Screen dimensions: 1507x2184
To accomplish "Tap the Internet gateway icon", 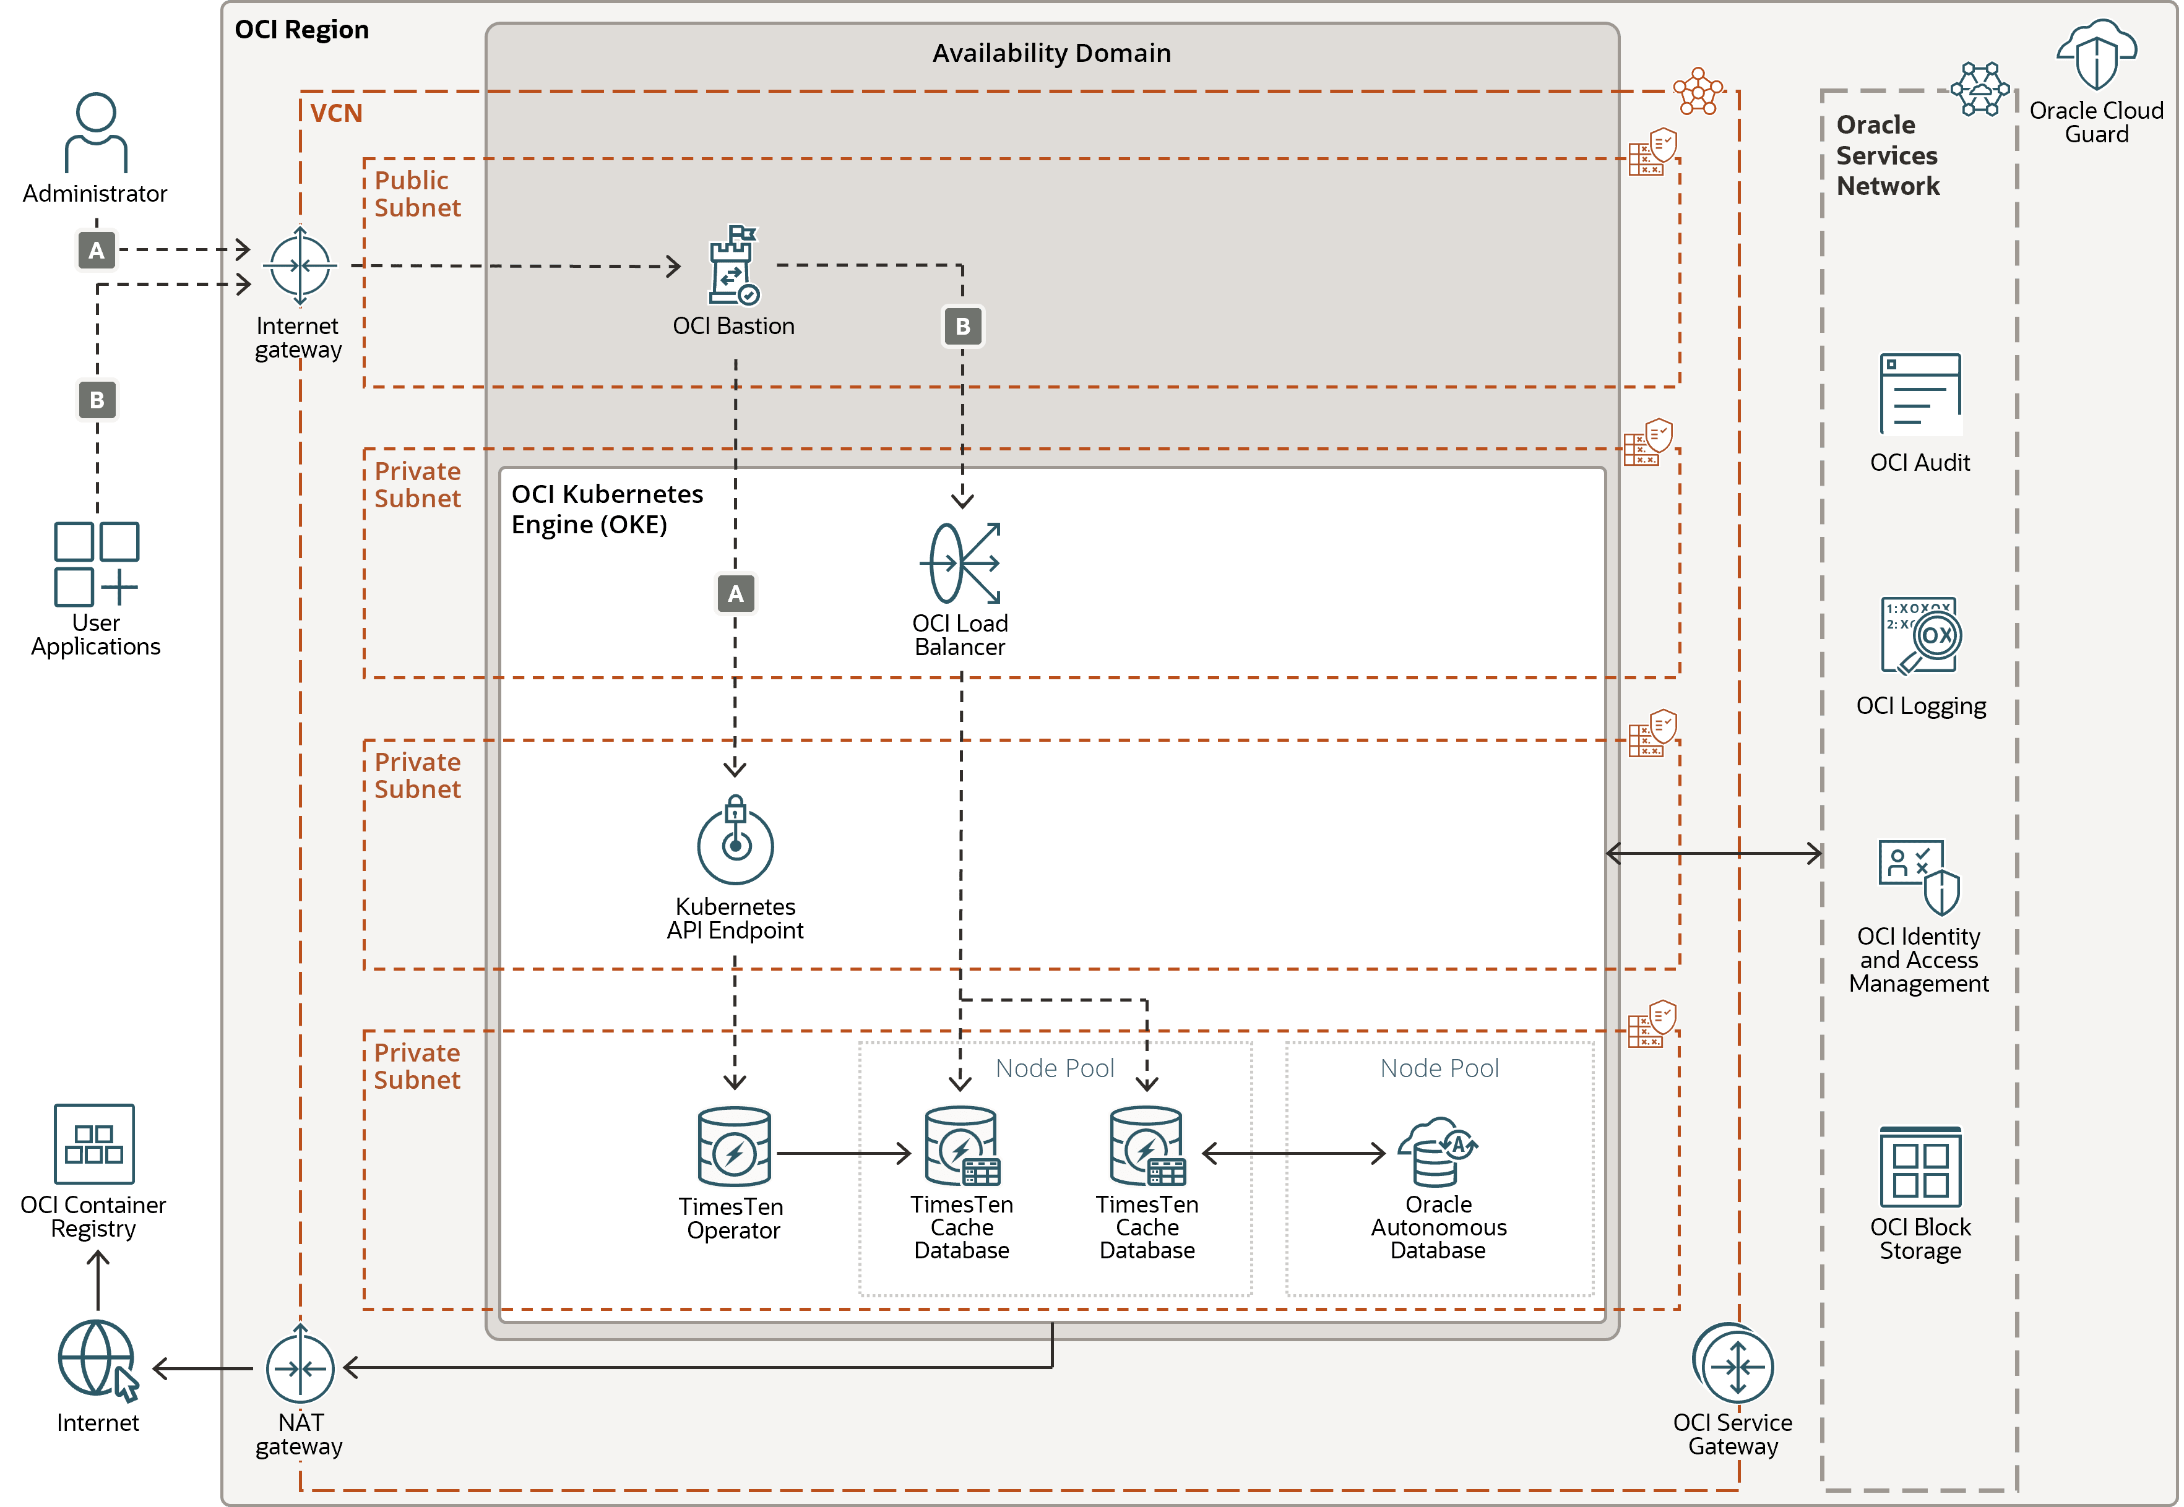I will click(x=300, y=265).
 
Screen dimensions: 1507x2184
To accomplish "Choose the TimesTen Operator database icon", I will click(x=734, y=1146).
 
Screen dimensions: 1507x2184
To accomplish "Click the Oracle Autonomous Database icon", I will click(x=1438, y=1151).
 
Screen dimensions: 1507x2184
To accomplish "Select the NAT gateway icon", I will click(x=300, y=1367).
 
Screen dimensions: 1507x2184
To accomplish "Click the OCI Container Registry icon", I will click(x=95, y=1143).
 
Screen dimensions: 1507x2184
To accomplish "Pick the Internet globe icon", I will click(x=97, y=1360).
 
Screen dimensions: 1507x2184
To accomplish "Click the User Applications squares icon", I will click(x=97, y=564).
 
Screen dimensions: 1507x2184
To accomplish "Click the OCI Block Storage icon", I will click(x=1920, y=1167).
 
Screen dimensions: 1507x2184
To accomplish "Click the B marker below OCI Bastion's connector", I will click(x=962, y=327).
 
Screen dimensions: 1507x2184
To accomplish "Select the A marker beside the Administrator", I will click(x=97, y=250).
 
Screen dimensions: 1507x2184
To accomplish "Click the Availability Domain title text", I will click(x=1051, y=53).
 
